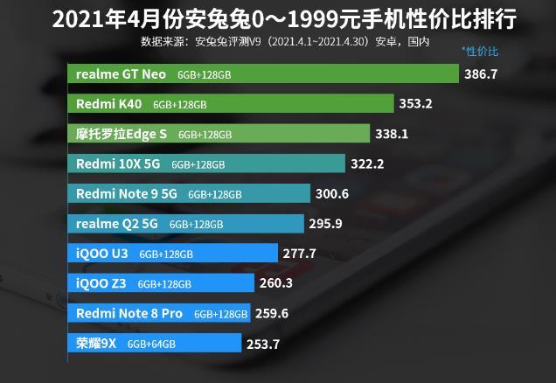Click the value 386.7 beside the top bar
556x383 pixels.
point(481,74)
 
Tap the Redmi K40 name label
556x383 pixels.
point(108,104)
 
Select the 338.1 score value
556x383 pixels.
point(392,134)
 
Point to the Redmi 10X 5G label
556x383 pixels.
point(118,164)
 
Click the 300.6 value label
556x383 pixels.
point(332,194)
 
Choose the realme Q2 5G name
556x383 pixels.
point(116,224)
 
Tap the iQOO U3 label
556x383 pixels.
point(101,254)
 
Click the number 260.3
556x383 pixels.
point(276,283)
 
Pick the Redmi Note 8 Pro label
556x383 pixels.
point(129,314)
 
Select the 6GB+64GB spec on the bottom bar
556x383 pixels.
point(151,344)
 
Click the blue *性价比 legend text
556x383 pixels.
point(480,52)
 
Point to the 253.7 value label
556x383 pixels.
point(263,345)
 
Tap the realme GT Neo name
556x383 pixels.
point(121,74)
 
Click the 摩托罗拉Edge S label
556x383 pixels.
point(121,134)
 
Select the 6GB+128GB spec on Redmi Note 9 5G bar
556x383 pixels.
point(215,194)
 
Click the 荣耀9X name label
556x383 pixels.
point(96,344)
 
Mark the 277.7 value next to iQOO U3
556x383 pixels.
point(299,254)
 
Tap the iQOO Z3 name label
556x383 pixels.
point(101,283)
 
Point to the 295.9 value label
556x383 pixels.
point(325,224)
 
